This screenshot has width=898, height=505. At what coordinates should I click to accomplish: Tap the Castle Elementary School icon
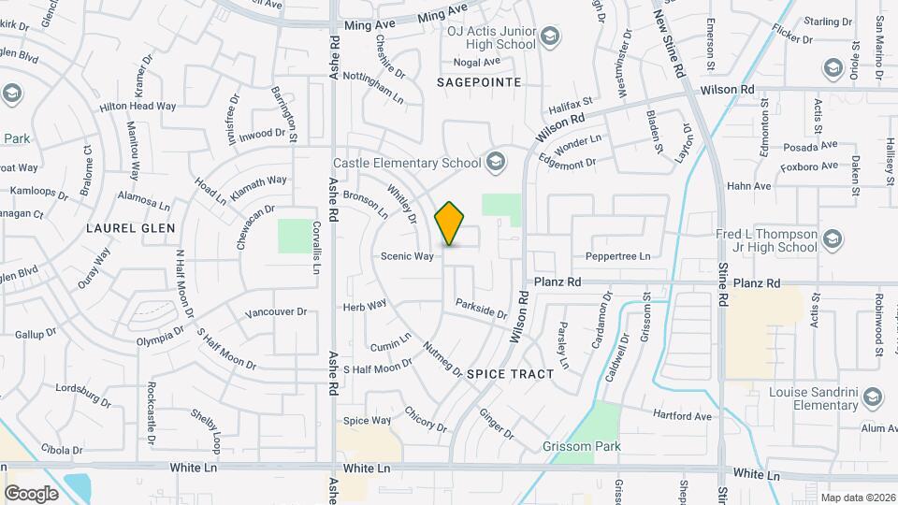click(x=496, y=163)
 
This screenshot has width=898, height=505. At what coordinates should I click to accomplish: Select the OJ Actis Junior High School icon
click(x=550, y=37)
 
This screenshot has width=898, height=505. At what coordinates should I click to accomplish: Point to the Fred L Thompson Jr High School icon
click(x=833, y=241)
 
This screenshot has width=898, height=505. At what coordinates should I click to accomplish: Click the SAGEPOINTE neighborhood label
click(x=478, y=82)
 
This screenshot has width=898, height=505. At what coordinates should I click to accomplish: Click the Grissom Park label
click(x=582, y=447)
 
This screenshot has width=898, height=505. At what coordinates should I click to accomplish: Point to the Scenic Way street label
click(x=407, y=256)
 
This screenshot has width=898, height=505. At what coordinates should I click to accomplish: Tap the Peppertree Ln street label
click(x=617, y=256)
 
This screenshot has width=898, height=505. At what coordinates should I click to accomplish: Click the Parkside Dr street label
click(x=481, y=308)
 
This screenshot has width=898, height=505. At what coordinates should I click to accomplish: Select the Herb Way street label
click(x=365, y=306)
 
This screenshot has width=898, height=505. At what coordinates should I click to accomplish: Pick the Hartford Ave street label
click(x=682, y=415)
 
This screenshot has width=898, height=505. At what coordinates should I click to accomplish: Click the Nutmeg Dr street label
click(x=442, y=359)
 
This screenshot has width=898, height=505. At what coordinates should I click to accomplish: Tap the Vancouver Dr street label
click(x=276, y=312)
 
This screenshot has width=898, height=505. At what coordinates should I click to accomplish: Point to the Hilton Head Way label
click(x=138, y=107)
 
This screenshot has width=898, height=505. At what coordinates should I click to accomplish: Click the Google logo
click(x=32, y=493)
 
